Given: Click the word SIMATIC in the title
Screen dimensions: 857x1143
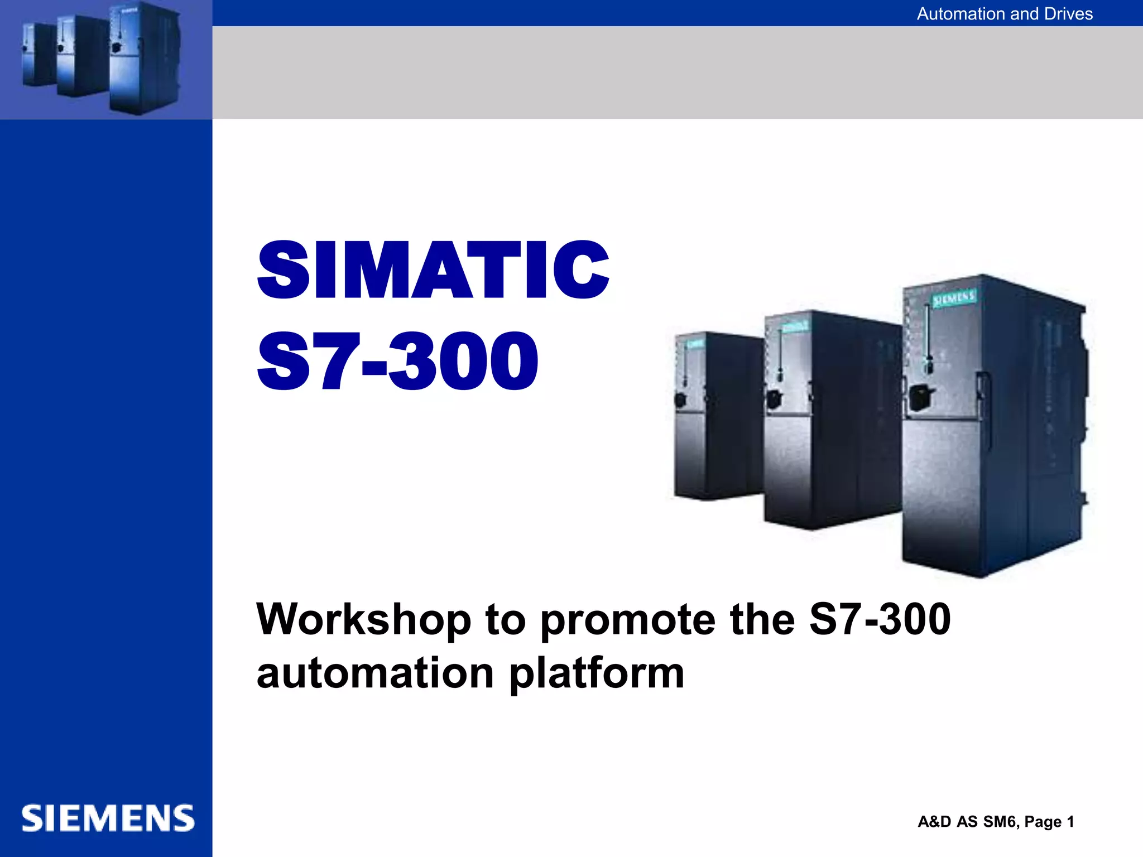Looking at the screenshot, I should (x=433, y=271).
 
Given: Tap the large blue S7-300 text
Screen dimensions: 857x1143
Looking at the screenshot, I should (x=397, y=361).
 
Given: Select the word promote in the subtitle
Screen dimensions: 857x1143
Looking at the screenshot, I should (x=628, y=620).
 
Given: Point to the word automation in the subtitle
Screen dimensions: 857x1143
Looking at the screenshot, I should (x=375, y=673).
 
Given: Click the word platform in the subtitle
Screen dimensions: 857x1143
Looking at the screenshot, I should (x=597, y=674).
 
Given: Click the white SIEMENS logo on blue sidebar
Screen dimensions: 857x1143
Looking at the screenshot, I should (x=108, y=819).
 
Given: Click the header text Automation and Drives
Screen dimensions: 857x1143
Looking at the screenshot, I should (x=1004, y=13).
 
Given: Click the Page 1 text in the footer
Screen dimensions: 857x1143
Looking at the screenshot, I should (x=1049, y=822).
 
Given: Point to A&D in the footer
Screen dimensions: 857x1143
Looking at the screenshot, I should (x=934, y=822).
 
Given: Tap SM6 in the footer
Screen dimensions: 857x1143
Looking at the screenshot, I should (x=1001, y=822).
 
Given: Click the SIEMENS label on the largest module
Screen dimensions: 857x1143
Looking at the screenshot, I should (x=954, y=299).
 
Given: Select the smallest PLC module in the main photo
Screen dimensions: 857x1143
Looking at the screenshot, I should (x=717, y=418).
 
